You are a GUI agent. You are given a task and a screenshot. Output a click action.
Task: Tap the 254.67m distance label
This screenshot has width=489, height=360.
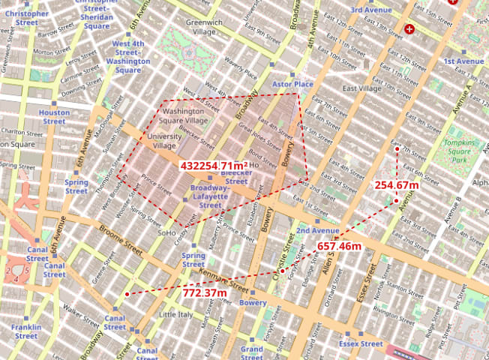tap(397, 185)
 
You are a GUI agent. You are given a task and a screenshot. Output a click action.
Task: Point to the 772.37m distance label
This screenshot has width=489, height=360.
tap(205, 292)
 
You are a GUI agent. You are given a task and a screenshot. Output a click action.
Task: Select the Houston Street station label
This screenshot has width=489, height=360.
tap(54, 116)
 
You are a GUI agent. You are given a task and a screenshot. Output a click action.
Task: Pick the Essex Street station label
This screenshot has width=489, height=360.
tap(361, 343)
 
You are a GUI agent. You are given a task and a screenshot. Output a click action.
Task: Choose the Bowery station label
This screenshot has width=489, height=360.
tap(253, 303)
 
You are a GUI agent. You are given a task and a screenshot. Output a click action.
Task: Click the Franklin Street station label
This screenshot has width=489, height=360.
tap(26, 331)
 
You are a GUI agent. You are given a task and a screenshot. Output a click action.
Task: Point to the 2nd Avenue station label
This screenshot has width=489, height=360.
tap(318, 230)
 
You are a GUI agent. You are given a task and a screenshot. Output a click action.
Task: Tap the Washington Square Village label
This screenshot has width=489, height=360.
tap(186, 115)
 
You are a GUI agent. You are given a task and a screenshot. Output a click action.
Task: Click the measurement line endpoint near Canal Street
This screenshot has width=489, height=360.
tap(127, 294)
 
